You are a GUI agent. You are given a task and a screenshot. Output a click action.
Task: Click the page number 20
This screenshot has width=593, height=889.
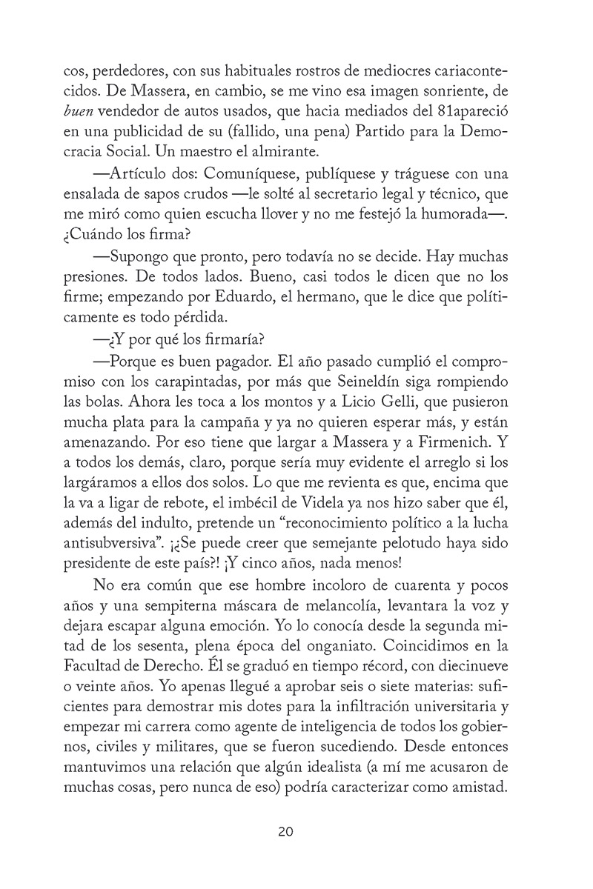click(286, 832)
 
